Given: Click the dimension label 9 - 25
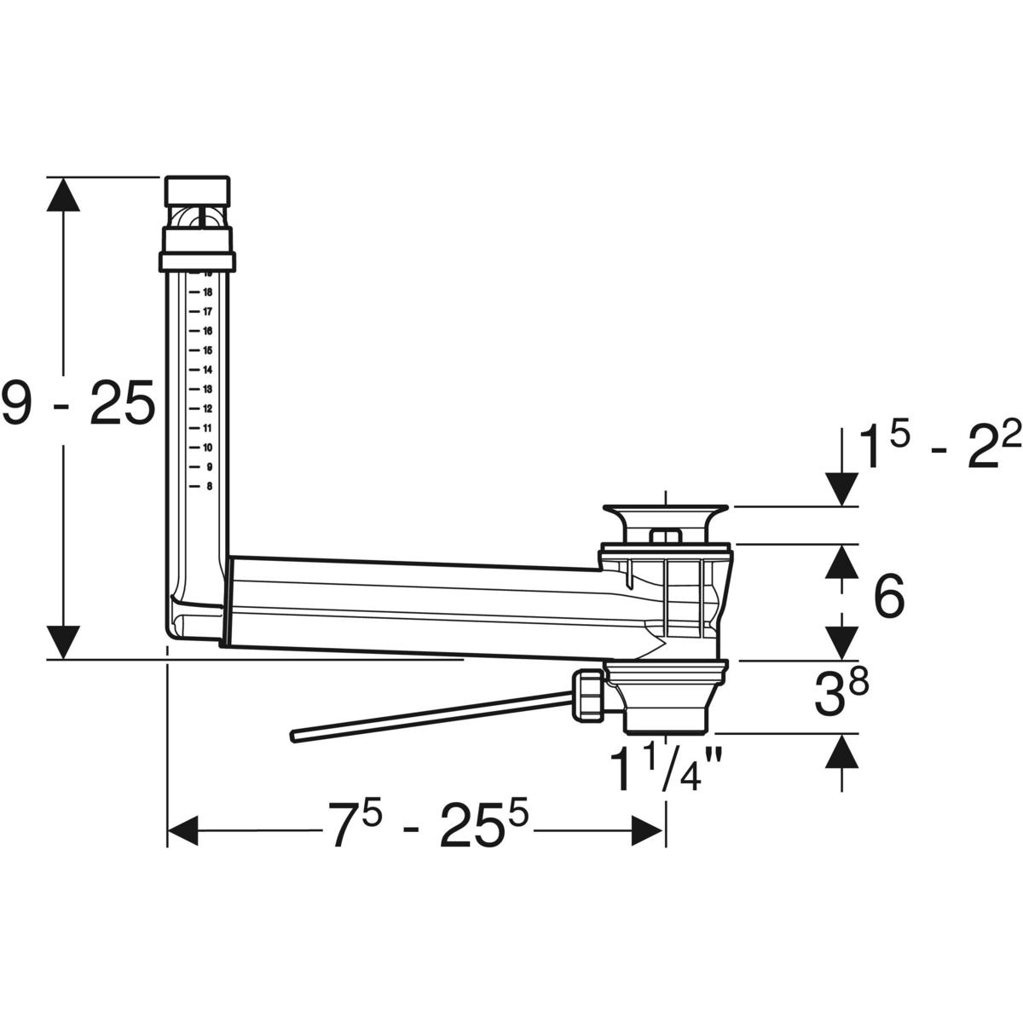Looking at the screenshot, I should (x=78, y=402).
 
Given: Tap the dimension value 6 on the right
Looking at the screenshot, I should (x=888, y=597).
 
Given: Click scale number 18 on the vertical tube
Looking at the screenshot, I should (x=207, y=292).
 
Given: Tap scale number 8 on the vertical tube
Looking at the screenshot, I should (x=209, y=487).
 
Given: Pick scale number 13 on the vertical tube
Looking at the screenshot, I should (x=207, y=389).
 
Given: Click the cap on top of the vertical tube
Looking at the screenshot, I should (x=197, y=189).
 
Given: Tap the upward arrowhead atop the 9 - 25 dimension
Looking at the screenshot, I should (x=64, y=196).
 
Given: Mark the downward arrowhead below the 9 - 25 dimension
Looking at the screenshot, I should (x=64, y=641).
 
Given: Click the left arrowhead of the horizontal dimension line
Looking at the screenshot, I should (x=182, y=830).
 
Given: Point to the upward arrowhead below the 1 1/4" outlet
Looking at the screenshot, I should (x=842, y=752).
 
